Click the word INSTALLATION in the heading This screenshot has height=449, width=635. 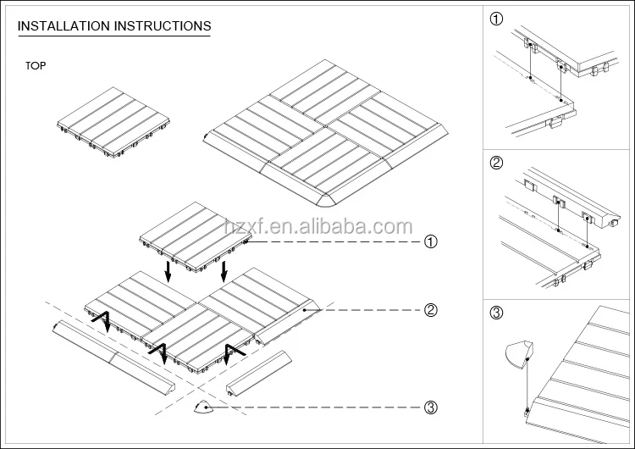tap(64, 26)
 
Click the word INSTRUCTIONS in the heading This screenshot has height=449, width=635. tap(163, 26)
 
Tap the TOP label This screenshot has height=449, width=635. tap(36, 65)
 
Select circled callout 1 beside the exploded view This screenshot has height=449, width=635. tap(430, 242)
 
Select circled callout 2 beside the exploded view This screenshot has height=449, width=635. tap(430, 310)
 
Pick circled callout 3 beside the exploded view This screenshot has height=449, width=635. tap(430, 407)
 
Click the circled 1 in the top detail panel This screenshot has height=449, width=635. tap(496, 19)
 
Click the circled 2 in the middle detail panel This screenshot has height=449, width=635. tap(496, 163)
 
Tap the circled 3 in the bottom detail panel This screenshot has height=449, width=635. tap(496, 313)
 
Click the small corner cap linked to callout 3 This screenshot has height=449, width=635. tap(203, 407)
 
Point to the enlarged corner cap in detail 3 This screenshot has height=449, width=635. tap(519, 354)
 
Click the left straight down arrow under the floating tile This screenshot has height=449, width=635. tap(168, 271)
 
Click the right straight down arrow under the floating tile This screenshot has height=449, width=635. tap(224, 271)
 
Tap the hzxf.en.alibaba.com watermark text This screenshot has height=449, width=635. tap(318, 226)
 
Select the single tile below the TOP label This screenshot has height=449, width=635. tap(113, 122)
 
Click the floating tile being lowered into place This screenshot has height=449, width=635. tap(194, 236)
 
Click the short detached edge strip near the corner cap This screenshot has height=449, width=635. tap(258, 373)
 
